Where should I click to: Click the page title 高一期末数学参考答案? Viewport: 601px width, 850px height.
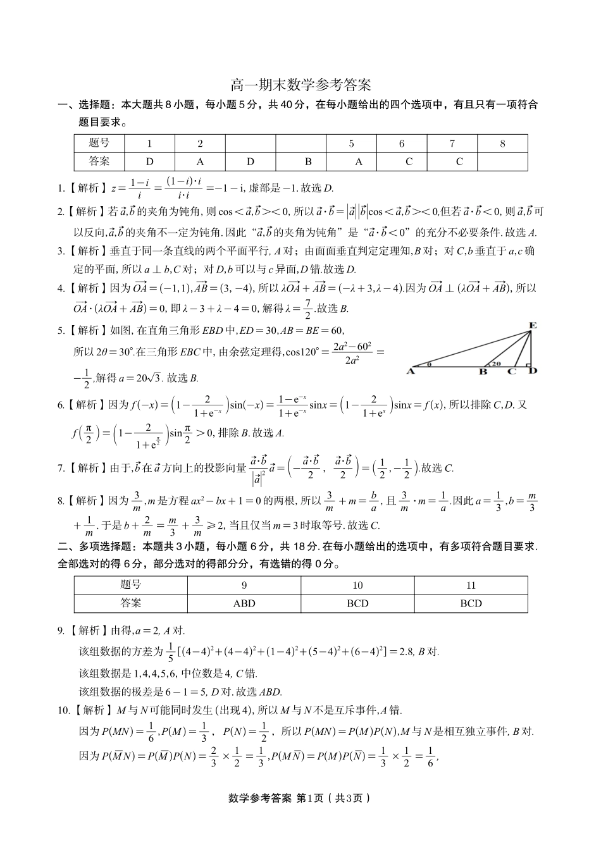pos(300,85)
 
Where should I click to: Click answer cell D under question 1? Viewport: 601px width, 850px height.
pos(150,161)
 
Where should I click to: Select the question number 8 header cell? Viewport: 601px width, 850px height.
pos(502,144)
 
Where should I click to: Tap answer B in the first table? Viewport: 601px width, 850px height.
pos(308,161)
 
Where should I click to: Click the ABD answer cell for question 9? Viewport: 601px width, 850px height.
pos(244,603)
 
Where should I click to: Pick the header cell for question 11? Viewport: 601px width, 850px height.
pos(471,585)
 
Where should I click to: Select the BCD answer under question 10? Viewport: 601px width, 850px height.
pos(357,603)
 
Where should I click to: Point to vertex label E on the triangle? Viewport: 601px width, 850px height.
pos(533,326)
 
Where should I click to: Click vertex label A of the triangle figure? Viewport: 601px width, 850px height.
pos(410,371)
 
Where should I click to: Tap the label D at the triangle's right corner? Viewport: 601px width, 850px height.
pos(533,371)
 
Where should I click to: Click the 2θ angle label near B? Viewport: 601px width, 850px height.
pos(495,364)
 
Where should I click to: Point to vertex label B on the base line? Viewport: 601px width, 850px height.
pos(483,372)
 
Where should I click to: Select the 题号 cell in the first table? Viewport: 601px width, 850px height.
pos(99,144)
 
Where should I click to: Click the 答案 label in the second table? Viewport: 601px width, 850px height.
pos(131,603)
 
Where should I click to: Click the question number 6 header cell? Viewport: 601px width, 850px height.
pos(402,144)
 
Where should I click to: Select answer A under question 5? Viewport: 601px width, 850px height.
pos(359,161)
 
